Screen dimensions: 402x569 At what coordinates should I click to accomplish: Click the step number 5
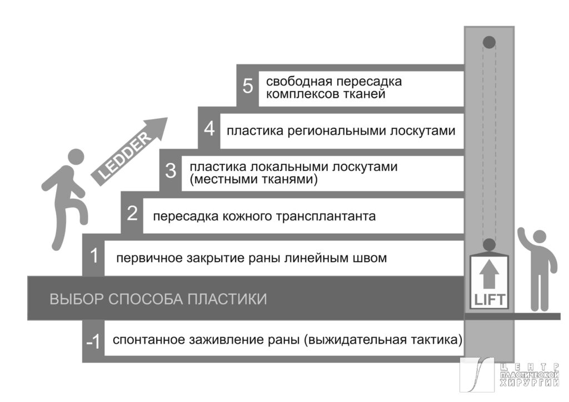248,87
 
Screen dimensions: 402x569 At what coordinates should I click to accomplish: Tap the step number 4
209,129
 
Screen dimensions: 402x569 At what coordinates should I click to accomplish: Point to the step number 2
132,214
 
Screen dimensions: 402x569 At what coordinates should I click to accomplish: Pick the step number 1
94,257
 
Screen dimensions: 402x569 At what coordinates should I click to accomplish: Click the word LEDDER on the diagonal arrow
122,157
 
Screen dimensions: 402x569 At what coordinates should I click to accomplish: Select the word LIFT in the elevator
489,300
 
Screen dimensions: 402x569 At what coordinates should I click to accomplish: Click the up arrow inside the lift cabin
489,275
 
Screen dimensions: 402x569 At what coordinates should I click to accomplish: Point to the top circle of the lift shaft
489,41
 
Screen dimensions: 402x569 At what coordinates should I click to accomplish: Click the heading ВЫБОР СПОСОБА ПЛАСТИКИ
158,299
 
